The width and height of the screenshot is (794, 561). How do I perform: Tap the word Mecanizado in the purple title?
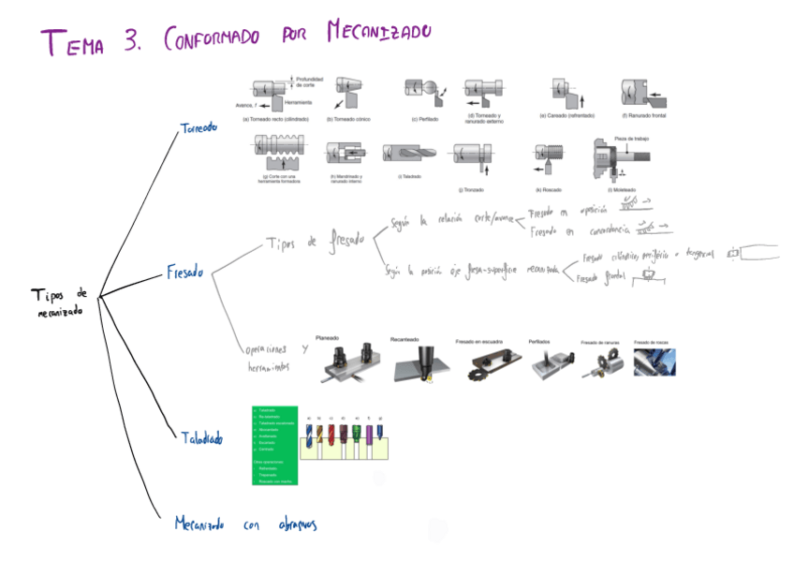click(378, 35)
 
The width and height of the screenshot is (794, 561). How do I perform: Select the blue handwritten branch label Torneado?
click(198, 127)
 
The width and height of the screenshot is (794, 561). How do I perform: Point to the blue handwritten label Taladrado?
click(201, 436)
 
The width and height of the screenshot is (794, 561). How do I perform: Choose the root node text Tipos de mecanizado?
click(58, 302)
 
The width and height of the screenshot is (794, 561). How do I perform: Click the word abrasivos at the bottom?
click(297, 524)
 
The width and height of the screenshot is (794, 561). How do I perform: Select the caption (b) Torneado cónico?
click(349, 119)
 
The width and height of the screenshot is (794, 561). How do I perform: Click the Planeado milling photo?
click(347, 360)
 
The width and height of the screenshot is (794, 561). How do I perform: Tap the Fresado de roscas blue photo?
click(654, 362)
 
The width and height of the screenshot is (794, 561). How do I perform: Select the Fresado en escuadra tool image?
click(483, 363)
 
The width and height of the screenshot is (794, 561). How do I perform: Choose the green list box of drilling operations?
click(274, 445)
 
